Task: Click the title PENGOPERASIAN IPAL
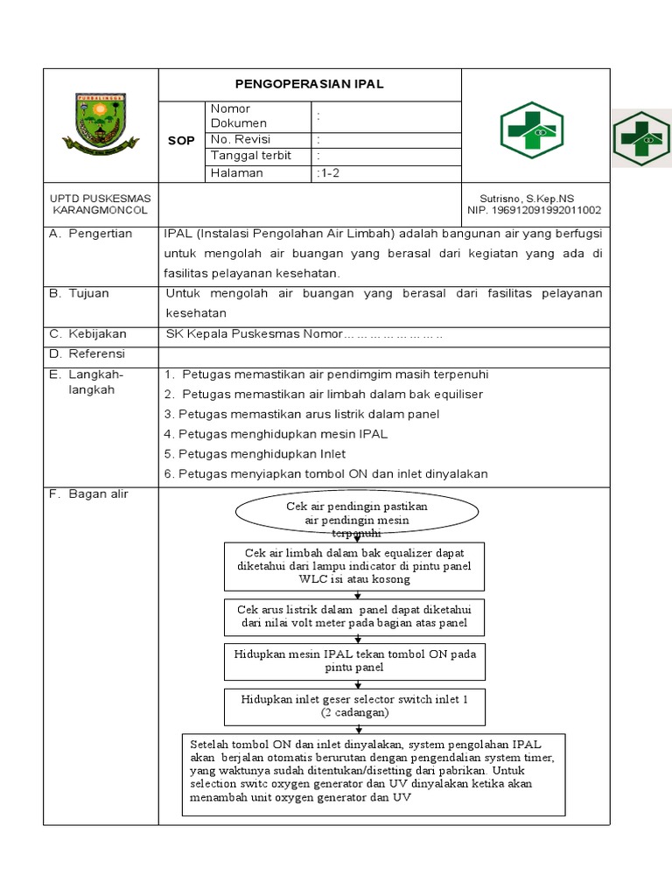(309, 85)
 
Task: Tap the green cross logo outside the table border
(641, 138)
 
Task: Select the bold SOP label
(181, 141)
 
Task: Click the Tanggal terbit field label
(247, 156)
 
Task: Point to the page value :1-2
(329, 173)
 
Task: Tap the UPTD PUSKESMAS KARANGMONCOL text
(101, 205)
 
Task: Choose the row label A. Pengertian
(91, 234)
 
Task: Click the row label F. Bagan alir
(88, 494)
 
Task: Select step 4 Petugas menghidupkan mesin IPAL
(276, 434)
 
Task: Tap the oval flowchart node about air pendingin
(356, 515)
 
